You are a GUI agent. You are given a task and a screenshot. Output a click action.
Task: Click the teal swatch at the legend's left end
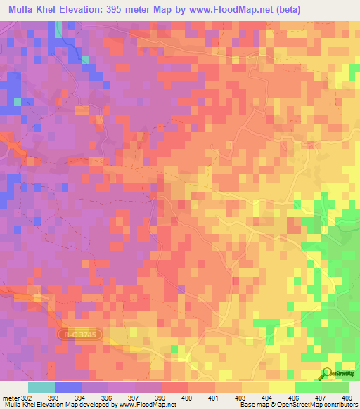[41, 387]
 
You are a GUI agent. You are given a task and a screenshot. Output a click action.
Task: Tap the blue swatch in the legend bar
[67, 387]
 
